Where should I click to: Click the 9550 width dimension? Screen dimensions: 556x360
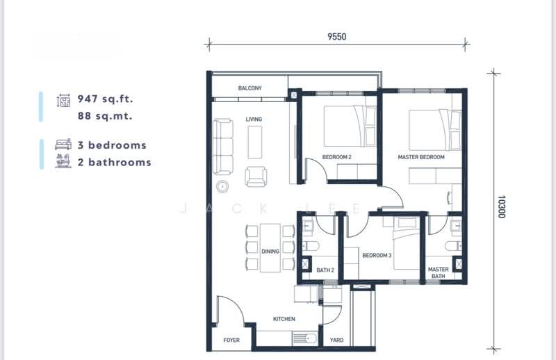(x=336, y=37)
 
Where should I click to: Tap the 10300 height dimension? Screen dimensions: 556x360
(x=501, y=207)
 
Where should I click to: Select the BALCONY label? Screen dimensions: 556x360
(x=250, y=88)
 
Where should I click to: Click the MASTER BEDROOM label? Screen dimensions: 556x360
(x=421, y=157)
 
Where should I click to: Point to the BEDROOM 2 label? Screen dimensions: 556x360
(x=336, y=157)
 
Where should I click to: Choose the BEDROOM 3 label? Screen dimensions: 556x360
(x=377, y=255)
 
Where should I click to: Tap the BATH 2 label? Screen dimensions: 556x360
(x=325, y=270)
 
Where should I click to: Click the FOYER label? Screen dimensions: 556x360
(x=231, y=340)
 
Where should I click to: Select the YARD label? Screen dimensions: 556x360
(x=336, y=340)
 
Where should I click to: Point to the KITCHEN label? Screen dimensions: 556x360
(x=284, y=319)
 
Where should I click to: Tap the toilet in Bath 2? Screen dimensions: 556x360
(x=311, y=246)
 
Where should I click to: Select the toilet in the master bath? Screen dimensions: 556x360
(x=453, y=246)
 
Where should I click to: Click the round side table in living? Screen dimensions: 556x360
(x=222, y=186)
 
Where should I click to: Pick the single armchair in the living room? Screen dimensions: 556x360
(x=256, y=177)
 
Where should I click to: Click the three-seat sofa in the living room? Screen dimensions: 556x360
(x=223, y=147)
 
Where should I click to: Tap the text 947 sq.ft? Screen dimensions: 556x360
(x=106, y=99)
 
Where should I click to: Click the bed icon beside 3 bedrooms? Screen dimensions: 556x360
(x=63, y=145)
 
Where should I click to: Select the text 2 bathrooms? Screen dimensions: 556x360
(x=115, y=163)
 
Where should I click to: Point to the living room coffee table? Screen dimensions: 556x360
(x=254, y=142)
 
